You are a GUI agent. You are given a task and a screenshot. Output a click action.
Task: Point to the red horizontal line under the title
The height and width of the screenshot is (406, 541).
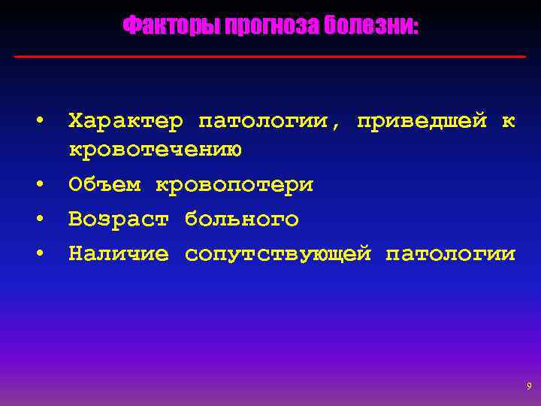(270, 56)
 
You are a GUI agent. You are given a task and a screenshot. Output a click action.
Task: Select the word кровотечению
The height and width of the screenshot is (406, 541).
(155, 150)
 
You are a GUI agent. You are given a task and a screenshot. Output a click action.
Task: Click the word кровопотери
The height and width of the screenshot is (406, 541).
(234, 185)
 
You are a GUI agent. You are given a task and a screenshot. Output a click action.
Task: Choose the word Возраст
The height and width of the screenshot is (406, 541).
(119, 220)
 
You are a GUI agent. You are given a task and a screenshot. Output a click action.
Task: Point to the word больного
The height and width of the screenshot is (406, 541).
(241, 220)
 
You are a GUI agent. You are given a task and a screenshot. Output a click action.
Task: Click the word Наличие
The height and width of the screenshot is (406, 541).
(119, 254)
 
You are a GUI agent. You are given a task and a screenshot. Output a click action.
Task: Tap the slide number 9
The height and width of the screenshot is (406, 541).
(529, 386)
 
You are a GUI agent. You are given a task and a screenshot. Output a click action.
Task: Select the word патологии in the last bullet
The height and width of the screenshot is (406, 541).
(450, 254)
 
